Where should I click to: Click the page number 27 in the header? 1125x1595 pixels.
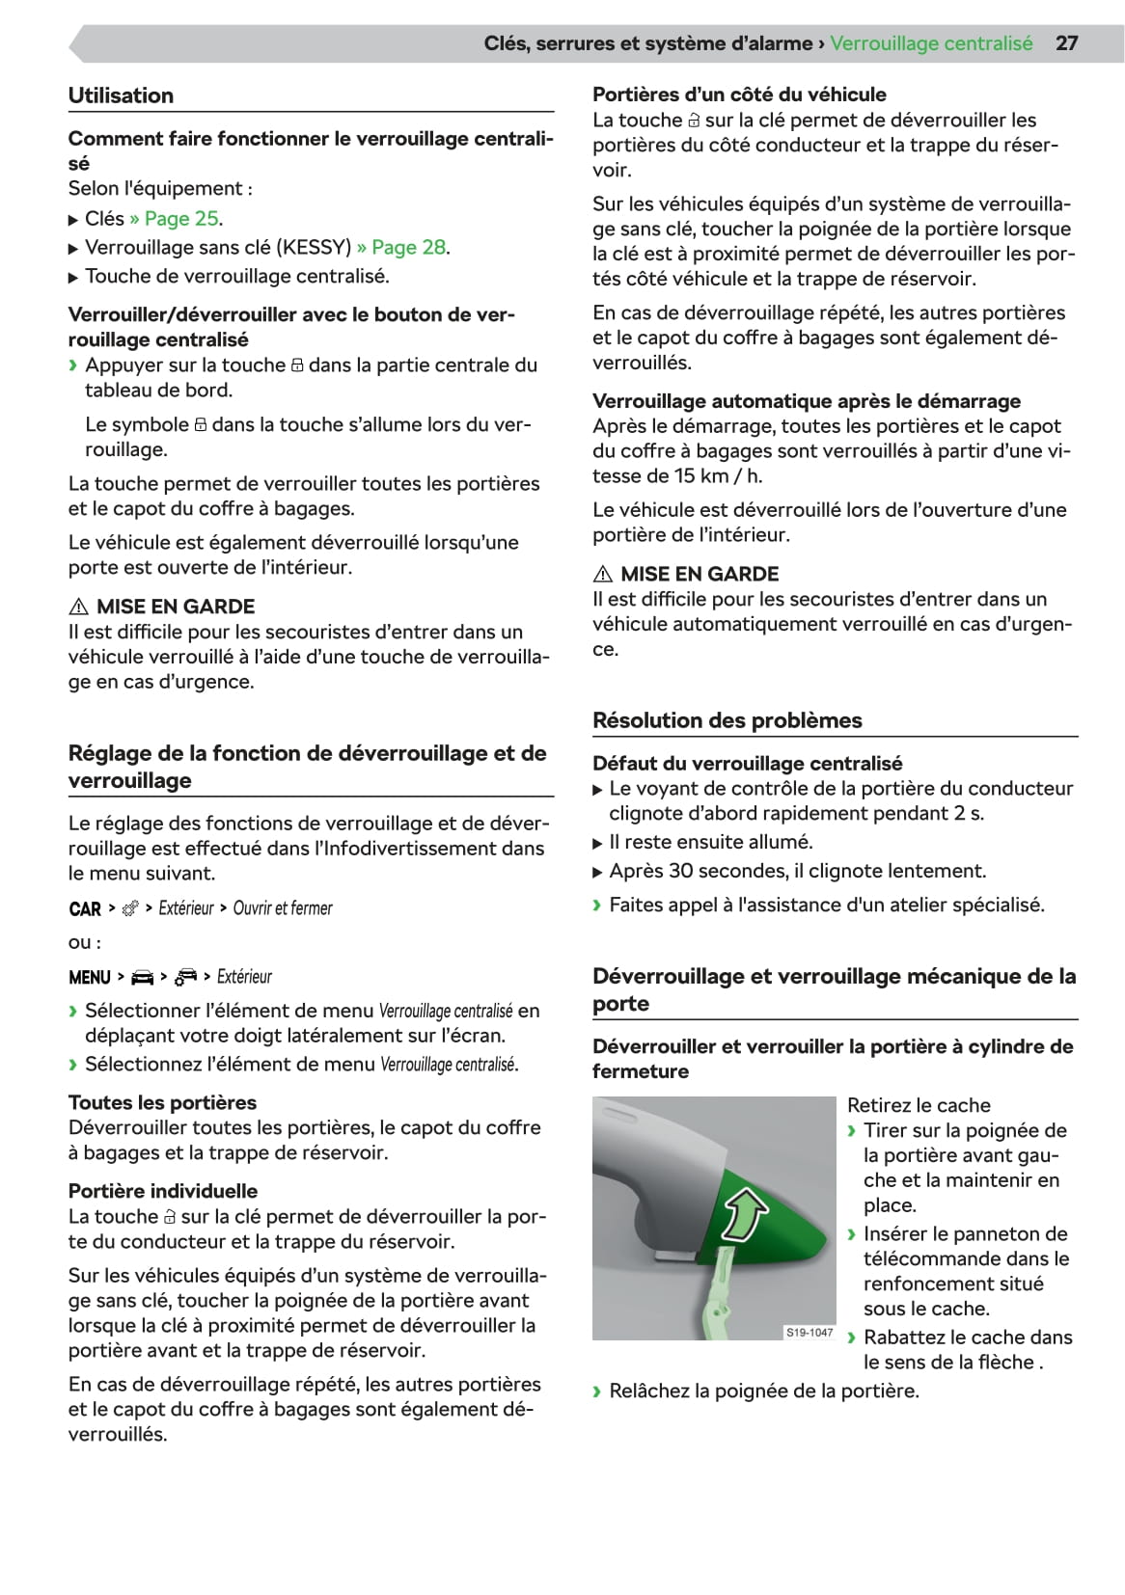1066,43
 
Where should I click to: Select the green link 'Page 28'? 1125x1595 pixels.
408,248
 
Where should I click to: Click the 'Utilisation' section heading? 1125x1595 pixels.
121,95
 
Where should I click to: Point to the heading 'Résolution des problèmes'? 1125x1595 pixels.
727,720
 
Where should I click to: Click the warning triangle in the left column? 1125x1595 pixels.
78,608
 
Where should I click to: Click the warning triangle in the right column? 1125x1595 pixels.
603,575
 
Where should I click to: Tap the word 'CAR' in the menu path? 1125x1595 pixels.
85,909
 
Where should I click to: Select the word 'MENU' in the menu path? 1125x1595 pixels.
90,978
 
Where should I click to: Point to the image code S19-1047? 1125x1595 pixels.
809,1333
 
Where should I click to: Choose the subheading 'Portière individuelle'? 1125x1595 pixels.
163,1191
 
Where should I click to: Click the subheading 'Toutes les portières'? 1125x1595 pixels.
162,1103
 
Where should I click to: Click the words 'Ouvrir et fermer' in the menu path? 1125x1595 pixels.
283,908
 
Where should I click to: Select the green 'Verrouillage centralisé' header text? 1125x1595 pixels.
931,43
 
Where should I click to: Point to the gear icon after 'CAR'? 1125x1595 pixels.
130,908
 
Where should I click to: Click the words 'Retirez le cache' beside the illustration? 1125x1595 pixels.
919,1106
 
